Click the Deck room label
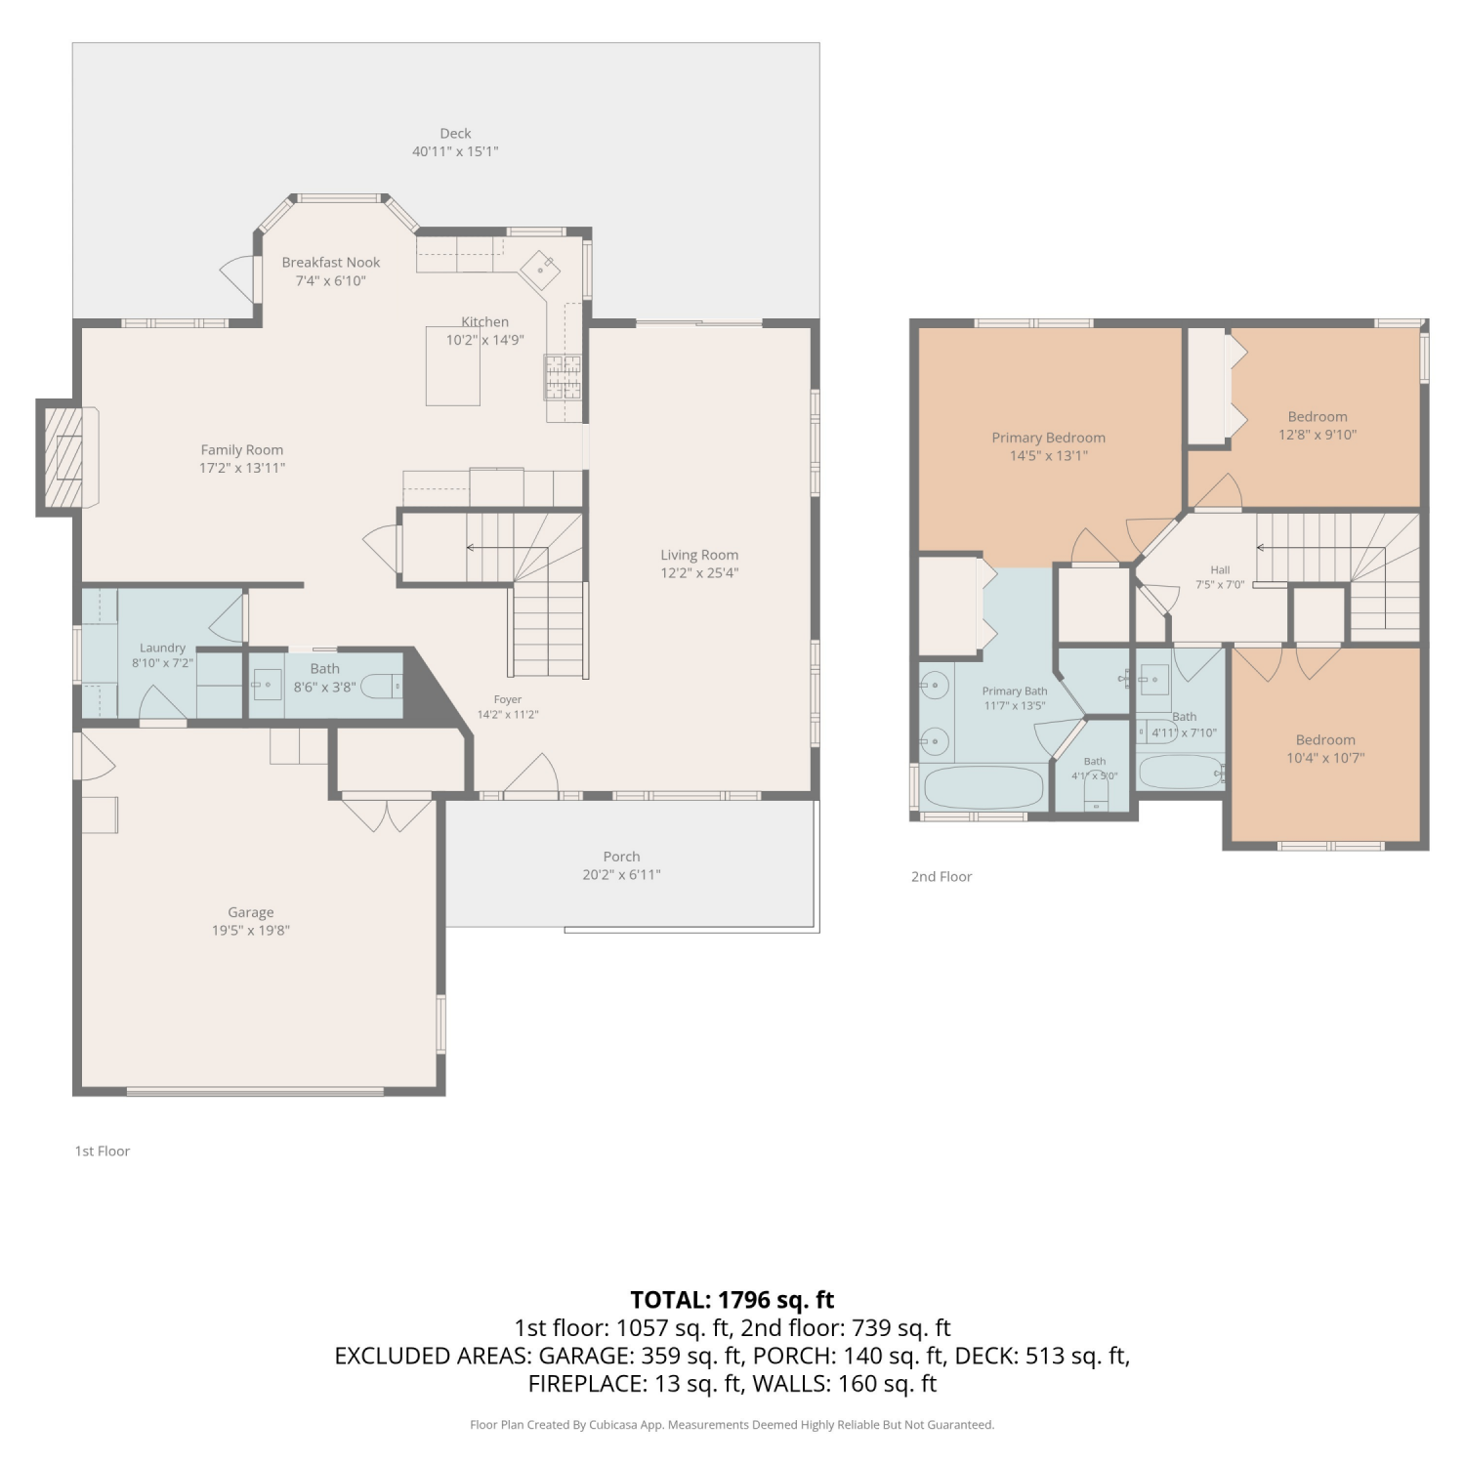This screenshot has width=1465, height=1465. tap(455, 133)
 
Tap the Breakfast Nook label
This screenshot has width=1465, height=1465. tap(331, 262)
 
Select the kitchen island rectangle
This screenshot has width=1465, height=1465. tap(453, 366)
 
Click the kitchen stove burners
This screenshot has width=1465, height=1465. tap(563, 377)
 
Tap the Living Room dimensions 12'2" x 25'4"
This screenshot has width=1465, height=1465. tap(699, 573)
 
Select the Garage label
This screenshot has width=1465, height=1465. tap(251, 912)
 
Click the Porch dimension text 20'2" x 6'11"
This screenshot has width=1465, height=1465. tap(621, 875)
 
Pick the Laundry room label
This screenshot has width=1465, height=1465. tap(162, 648)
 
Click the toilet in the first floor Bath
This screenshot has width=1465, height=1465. tap(382, 687)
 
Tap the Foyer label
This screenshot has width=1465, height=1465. tap(508, 699)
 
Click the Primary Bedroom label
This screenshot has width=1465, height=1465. tap(1049, 438)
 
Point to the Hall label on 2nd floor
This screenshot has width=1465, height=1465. tap(1220, 570)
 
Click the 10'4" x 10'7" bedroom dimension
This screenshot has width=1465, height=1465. tap(1325, 758)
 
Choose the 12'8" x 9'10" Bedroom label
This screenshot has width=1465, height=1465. tap(1318, 416)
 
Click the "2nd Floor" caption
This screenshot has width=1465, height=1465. tap(942, 877)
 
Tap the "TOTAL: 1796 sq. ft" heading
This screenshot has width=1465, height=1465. tap(732, 1300)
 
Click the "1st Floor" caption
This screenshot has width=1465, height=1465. tap(103, 1151)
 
